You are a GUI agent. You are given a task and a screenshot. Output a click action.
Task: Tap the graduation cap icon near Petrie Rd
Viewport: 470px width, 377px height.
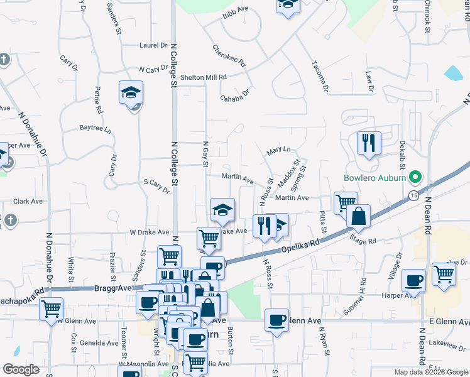pyautogui.click(x=131, y=93)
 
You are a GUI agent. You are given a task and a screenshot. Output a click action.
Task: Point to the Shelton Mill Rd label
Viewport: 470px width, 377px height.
pyautogui.click(x=202, y=77)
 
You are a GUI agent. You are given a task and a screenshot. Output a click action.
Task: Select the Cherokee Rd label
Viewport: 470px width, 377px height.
pyautogui.click(x=229, y=56)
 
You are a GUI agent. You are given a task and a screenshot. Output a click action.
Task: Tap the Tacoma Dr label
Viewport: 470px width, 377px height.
pyautogui.click(x=320, y=76)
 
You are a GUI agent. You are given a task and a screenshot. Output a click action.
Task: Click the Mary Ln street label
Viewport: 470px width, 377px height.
pyautogui.click(x=278, y=150)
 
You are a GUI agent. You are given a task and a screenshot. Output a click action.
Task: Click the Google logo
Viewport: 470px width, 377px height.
pyautogui.click(x=21, y=369)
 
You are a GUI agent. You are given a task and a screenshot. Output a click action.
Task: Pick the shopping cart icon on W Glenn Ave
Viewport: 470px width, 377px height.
pyautogui.click(x=51, y=309)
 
